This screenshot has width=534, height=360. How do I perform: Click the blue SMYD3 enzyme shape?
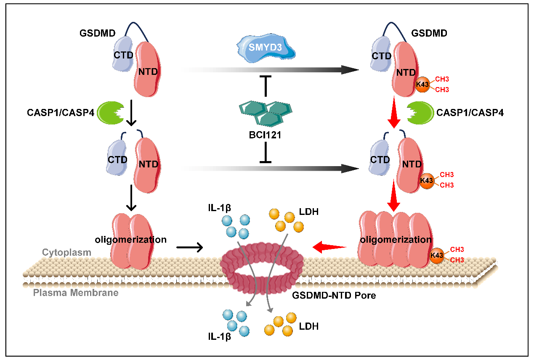pos(266,48)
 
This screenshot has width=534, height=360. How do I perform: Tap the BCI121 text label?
pos(265,135)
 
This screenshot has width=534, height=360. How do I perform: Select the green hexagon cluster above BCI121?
pos(266,114)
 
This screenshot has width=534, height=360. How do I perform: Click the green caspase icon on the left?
pos(110,113)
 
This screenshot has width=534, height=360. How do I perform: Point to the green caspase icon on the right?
pos(420,113)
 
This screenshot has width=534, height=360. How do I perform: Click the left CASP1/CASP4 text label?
pos(61,113)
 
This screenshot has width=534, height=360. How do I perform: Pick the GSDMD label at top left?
pos(98,33)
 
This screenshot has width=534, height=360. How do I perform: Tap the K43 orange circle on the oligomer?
pos(437,255)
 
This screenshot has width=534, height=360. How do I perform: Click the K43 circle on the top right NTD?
pos(422,85)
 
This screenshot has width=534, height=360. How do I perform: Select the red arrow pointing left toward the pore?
pos(329,247)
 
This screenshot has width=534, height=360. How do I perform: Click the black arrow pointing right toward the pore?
pos(190,247)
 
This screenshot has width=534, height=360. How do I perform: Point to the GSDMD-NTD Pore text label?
pos(334,295)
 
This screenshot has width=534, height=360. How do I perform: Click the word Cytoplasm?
pos(67,253)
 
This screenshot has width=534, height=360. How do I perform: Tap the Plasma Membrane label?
pos(76,293)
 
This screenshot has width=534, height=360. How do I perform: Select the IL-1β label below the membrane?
pos(220,336)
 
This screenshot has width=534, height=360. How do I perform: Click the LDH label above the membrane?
pos(309,212)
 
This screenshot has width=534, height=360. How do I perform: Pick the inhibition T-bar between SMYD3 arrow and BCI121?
pos(266,86)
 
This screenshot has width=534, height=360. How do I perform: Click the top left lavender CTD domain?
pos(123,54)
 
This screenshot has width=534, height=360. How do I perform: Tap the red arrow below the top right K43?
pos(394,112)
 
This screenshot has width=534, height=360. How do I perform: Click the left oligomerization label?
pos(130,240)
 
